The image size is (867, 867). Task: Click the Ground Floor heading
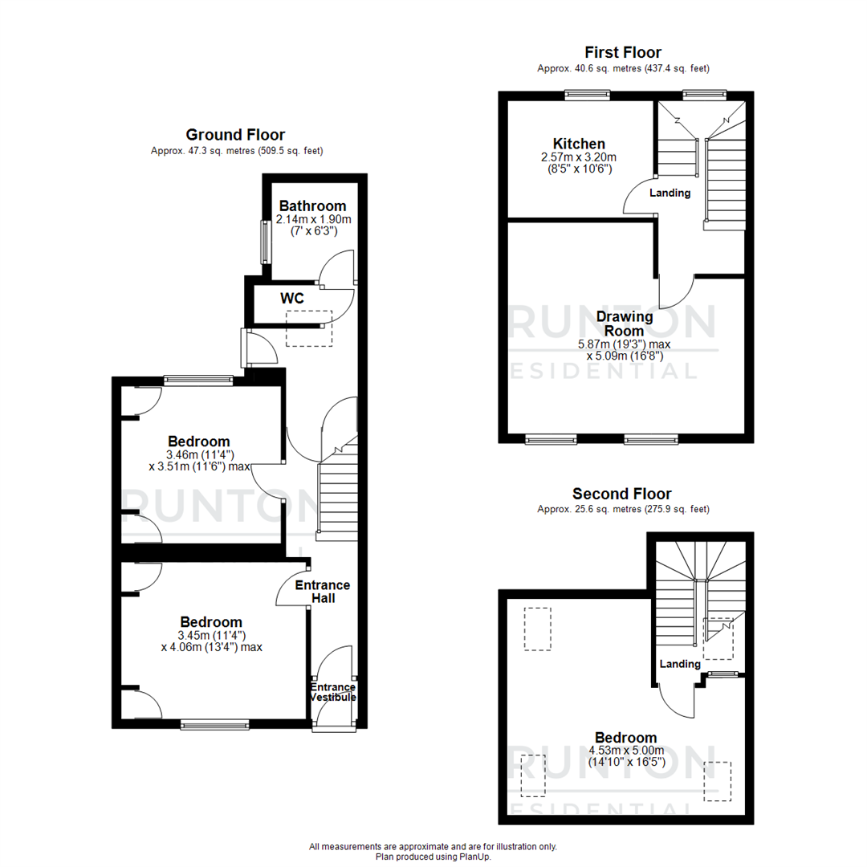point(235,135)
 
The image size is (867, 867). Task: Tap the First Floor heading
point(623,53)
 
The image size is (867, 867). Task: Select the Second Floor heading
point(622,494)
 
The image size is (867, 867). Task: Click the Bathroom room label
point(312,206)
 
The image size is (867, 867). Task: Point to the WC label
point(291,299)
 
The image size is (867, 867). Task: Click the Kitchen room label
point(578,144)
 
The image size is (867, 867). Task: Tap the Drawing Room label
point(624,324)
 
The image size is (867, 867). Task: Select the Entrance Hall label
point(322,591)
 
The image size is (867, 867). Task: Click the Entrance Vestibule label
point(333,692)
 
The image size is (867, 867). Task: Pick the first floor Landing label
point(670,193)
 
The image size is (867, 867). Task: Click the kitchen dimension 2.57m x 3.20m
point(578,157)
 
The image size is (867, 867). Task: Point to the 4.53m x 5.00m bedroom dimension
point(625,751)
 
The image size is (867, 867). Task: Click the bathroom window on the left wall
point(264,242)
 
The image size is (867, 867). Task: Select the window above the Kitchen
point(588,94)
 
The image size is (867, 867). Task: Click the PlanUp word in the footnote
point(475,857)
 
